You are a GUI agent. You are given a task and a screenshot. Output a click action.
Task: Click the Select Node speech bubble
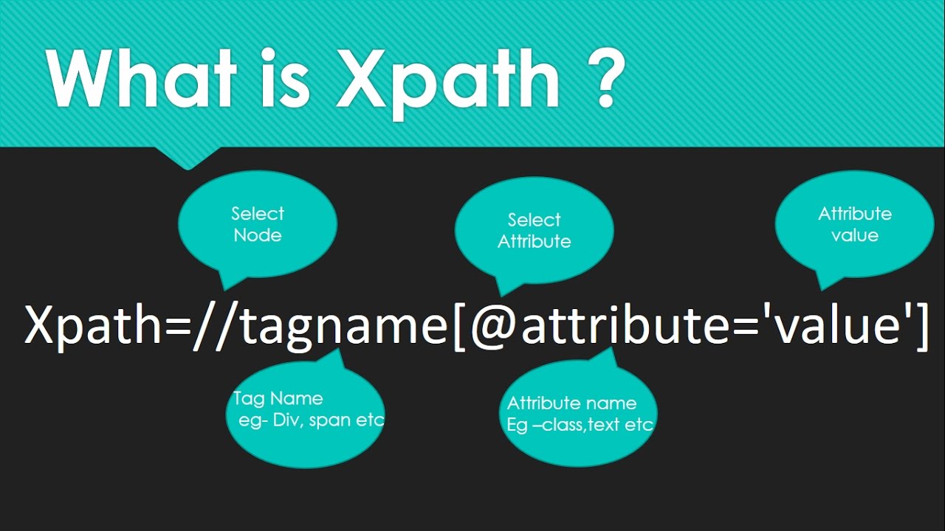(258, 224)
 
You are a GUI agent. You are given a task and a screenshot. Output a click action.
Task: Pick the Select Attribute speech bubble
(534, 230)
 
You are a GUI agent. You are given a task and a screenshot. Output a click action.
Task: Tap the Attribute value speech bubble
(854, 224)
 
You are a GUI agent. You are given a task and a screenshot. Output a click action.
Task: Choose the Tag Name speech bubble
(305, 419)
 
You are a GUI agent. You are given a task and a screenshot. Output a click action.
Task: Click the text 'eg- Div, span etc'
(311, 420)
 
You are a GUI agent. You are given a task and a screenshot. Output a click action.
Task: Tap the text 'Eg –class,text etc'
(580, 425)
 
